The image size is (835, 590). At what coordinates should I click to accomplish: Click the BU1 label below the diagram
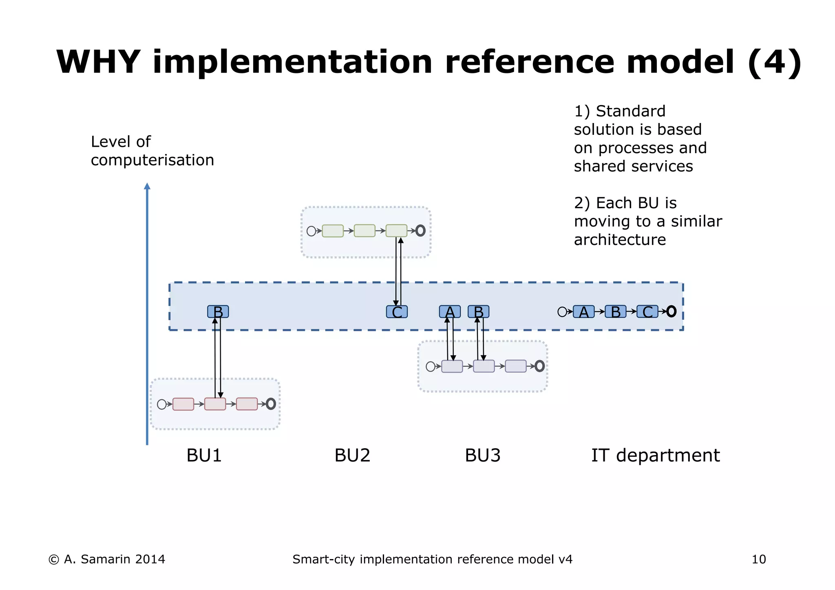coord(204,456)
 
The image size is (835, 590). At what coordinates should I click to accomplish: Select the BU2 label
coord(352,456)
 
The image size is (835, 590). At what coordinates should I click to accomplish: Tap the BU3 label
coord(482,456)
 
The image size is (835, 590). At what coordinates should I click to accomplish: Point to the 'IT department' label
coord(655,456)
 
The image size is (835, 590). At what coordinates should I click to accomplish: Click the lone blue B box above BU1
coord(218,312)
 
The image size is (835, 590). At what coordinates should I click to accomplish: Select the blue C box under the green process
coord(397,312)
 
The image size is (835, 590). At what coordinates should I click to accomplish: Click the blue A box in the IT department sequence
coord(583,312)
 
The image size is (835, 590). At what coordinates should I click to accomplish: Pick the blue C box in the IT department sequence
coord(647,312)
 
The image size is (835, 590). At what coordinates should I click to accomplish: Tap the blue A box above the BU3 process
coord(450,312)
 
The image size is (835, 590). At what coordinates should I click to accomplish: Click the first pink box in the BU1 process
coord(183,404)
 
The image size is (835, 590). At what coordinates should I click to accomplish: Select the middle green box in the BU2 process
coord(364,231)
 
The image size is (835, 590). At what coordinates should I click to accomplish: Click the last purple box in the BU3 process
coord(516,366)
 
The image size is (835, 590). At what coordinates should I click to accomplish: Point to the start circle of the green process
coord(311,231)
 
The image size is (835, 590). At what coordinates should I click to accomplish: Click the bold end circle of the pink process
coord(271,404)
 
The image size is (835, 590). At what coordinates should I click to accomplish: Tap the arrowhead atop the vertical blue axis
coord(147,186)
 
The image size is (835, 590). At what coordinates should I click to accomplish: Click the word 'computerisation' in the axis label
coord(152,160)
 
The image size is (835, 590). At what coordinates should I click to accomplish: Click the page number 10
coord(759,559)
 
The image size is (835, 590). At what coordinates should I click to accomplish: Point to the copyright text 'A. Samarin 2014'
coord(114,559)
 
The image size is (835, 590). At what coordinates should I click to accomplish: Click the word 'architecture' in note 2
coord(620,240)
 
